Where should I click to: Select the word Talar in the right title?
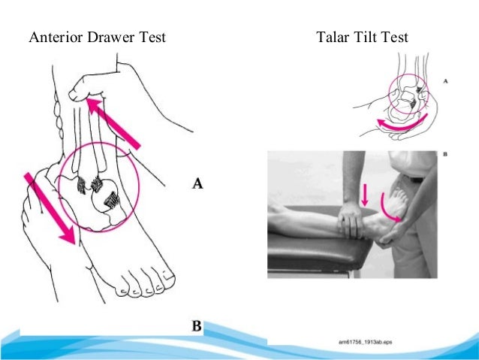[x=336, y=37]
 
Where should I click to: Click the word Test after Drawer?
[x=149, y=37]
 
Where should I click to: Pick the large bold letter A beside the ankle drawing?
[x=199, y=183]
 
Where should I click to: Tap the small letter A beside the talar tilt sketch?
[x=447, y=80]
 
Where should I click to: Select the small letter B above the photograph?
[x=445, y=156]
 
